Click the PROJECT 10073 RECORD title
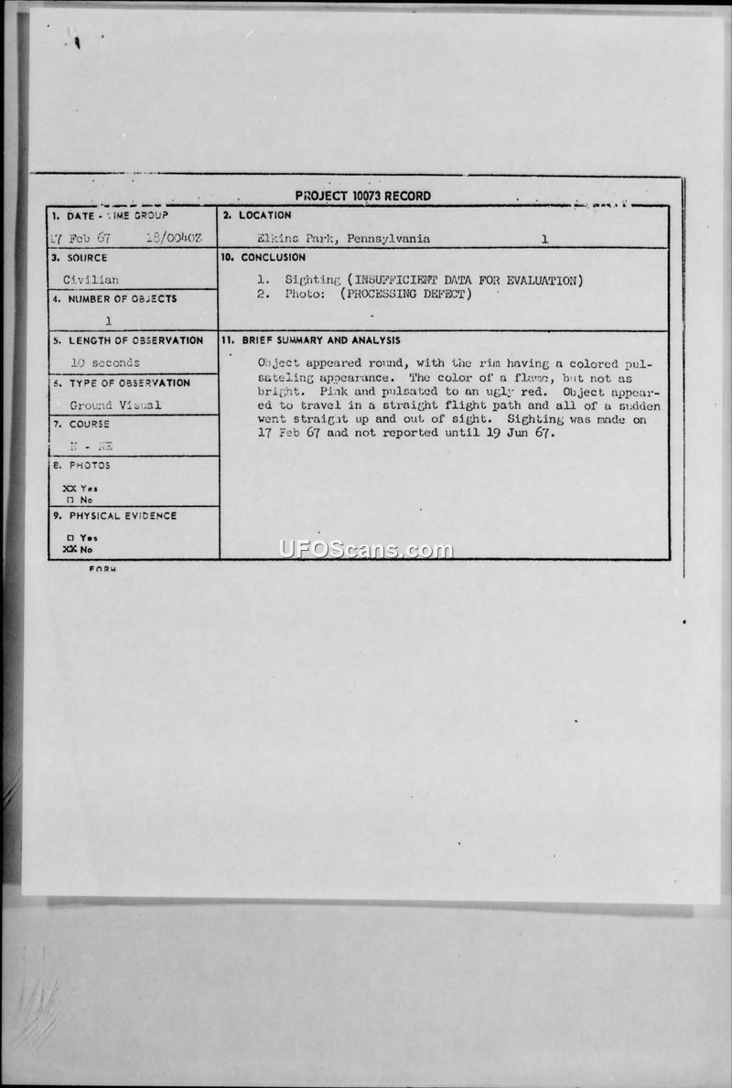tap(363, 196)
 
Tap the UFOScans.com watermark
tap(366, 549)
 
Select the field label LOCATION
tap(264, 215)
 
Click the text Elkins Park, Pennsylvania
tap(344, 239)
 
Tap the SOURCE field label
tap(87, 258)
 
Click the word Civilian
tap(91, 280)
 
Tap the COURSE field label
tap(89, 425)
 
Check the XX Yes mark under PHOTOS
tap(81, 488)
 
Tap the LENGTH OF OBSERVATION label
tap(135, 340)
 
